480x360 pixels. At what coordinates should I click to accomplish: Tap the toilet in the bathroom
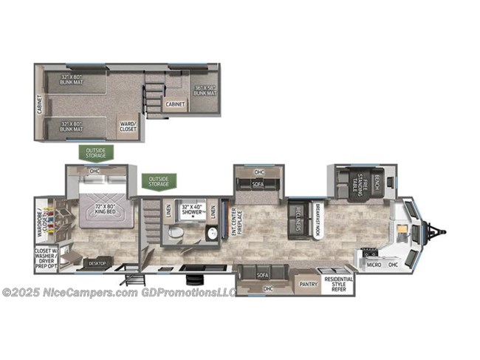pos(176,234)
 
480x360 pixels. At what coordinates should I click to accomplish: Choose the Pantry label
pos(308,283)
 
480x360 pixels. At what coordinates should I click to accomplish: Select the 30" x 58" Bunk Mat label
pos(205,89)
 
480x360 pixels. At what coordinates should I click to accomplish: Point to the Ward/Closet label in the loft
pos(128,127)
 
